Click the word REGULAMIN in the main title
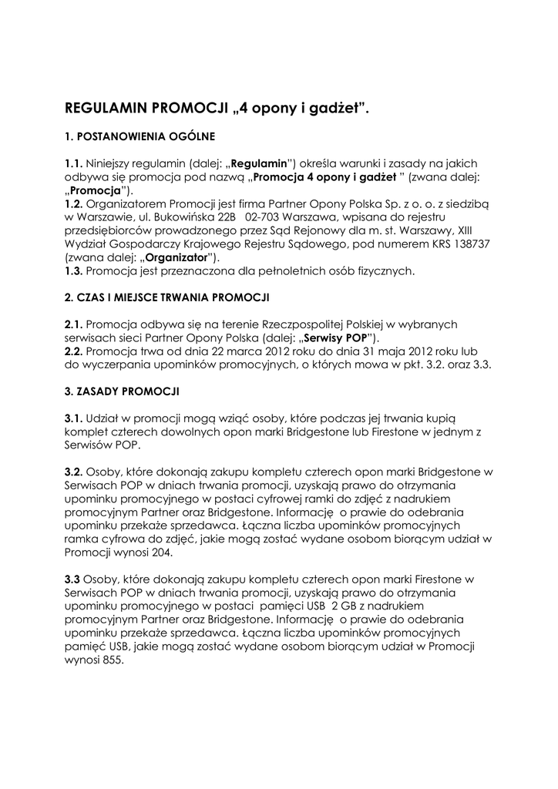coord(111,108)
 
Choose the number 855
coord(109,660)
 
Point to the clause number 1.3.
coord(74,270)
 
